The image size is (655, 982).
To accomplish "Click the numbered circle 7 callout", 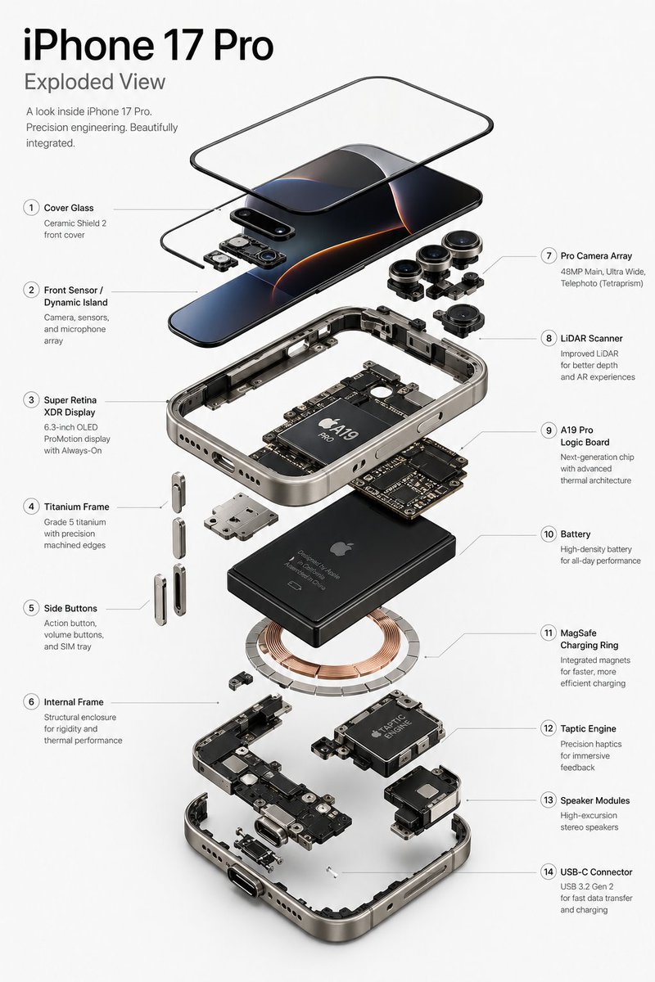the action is coord(549,255).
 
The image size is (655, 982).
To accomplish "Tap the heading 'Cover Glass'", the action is coord(69,208).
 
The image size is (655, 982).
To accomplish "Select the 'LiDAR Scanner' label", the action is coord(591,339).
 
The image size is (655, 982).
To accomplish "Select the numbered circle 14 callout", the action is coord(549,872).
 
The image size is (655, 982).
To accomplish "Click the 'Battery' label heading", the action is coord(575,534).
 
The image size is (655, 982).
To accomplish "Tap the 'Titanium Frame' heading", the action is coord(76,507).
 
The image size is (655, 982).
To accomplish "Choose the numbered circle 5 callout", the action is coord(31,608).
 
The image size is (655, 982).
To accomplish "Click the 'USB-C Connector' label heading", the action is coord(596,872).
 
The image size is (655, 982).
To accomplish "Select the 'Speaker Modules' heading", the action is coord(595,800).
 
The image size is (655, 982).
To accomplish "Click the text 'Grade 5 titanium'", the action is coord(75,522).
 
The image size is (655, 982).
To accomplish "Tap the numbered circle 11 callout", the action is coord(549,633).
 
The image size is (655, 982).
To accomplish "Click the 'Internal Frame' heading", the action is coord(74,702).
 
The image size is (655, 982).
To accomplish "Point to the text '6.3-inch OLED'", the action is coord(70,427).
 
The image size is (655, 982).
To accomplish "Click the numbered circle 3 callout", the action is coord(31,400).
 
